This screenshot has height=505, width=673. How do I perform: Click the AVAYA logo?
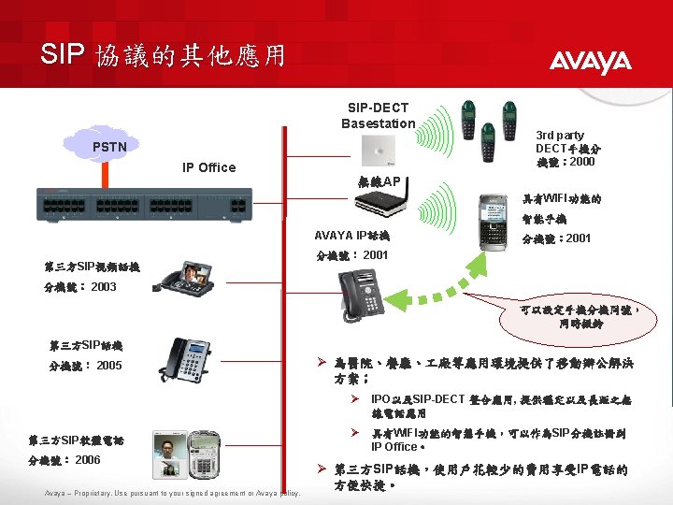(x=590, y=63)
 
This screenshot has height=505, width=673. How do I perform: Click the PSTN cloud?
(x=107, y=145)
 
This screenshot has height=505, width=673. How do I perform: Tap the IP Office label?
(x=209, y=167)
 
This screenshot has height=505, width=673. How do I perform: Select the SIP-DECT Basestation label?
(x=378, y=116)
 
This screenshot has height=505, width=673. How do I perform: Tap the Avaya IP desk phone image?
(x=360, y=296)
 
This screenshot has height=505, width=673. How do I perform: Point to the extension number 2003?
(x=104, y=286)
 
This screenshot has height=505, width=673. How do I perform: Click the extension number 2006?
(x=88, y=460)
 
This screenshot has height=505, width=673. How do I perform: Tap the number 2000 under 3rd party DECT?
(x=581, y=162)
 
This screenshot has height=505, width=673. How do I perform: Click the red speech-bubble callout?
(x=580, y=316)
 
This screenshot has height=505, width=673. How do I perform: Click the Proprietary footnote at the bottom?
(x=173, y=494)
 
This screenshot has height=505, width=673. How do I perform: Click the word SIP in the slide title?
(x=64, y=54)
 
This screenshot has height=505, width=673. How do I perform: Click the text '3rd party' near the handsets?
(x=559, y=136)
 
